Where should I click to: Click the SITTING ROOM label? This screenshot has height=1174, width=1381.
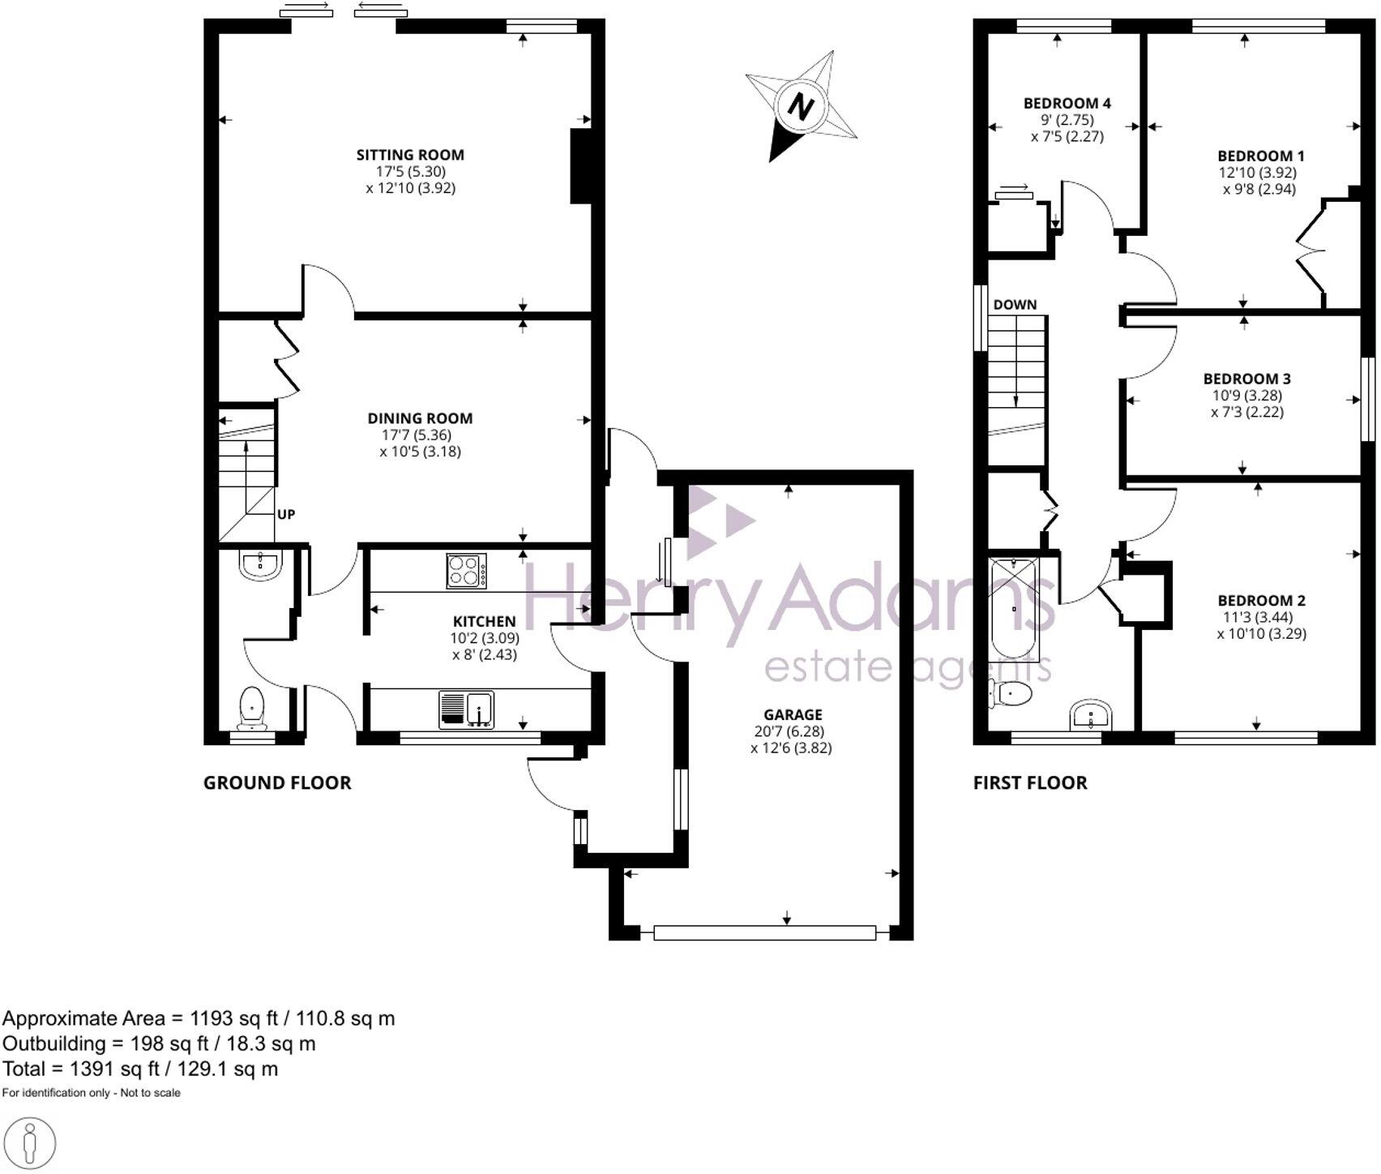[x=410, y=155]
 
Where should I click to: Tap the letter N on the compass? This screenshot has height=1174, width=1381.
[x=801, y=106]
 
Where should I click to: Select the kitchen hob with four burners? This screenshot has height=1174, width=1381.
[x=467, y=570]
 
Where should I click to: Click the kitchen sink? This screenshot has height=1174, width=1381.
[x=467, y=709]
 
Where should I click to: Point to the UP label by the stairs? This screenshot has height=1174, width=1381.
[x=286, y=514]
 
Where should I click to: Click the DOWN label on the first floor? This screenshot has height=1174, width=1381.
[x=1015, y=305]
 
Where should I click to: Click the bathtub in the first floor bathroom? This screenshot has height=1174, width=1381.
[x=1015, y=607]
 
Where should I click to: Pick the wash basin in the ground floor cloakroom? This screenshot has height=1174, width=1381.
[x=261, y=564]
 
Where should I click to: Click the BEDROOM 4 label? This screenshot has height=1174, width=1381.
[x=1067, y=103]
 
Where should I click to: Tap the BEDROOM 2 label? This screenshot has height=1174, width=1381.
[x=1261, y=601]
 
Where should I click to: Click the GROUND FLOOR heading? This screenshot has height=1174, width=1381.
[x=277, y=782]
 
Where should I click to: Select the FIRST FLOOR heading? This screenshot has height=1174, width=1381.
[x=1030, y=782]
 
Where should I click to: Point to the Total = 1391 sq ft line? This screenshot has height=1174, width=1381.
[x=140, y=1069]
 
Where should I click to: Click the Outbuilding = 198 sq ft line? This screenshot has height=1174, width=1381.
[x=159, y=1043]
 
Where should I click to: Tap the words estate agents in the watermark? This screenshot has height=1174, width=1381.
[x=908, y=669]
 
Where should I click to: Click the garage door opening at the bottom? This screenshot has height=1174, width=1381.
[x=764, y=932]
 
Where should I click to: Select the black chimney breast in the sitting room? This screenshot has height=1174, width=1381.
[x=581, y=166]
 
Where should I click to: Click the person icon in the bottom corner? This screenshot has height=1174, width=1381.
[x=30, y=1145]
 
